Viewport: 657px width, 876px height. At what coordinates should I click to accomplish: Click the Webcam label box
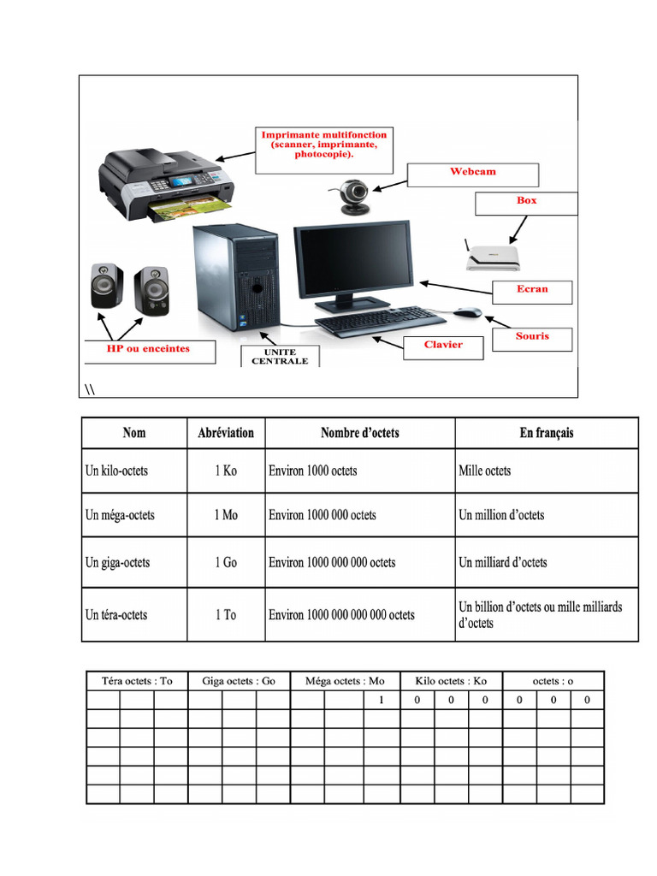(x=473, y=174)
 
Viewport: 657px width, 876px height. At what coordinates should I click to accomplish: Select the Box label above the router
(x=526, y=203)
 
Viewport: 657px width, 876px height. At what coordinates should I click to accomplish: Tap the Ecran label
(x=531, y=291)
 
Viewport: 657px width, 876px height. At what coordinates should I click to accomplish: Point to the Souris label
(x=531, y=338)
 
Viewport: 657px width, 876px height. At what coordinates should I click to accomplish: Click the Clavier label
(x=443, y=346)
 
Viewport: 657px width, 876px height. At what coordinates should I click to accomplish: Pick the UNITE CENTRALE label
(x=280, y=357)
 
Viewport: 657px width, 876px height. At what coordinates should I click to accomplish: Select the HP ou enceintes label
(x=149, y=350)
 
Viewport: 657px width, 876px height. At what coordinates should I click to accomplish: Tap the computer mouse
(x=467, y=311)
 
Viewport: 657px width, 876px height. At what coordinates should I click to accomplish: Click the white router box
(x=493, y=255)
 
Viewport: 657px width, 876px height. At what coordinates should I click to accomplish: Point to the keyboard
(x=380, y=321)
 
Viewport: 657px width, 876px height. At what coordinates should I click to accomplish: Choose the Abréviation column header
(x=226, y=433)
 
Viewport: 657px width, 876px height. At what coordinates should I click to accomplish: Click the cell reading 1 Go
(x=226, y=563)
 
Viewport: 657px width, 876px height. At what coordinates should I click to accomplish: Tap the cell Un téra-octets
(x=134, y=615)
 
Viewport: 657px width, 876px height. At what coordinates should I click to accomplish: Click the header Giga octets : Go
(x=239, y=681)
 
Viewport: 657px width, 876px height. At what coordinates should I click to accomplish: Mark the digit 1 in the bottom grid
(x=382, y=700)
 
